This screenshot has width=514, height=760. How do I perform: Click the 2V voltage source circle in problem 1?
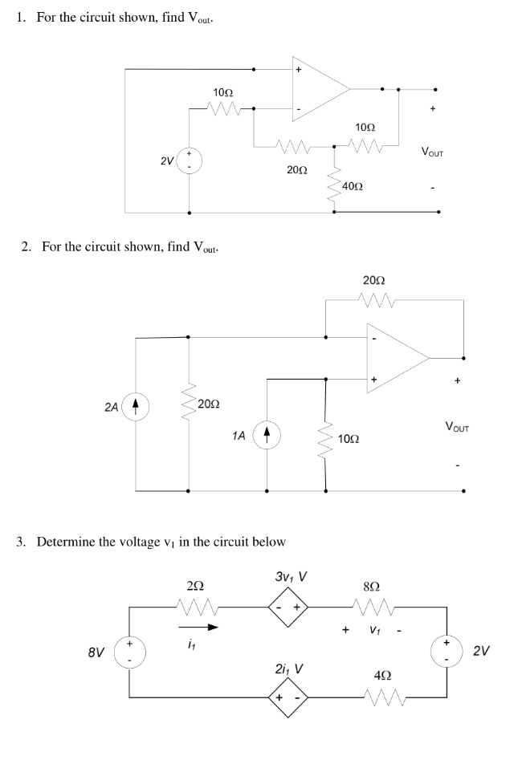coord(190,160)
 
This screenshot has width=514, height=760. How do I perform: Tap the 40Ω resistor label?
coord(353,186)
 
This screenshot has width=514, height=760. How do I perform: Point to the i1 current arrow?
coord(197,628)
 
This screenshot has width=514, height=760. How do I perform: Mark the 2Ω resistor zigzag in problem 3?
coord(196,608)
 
